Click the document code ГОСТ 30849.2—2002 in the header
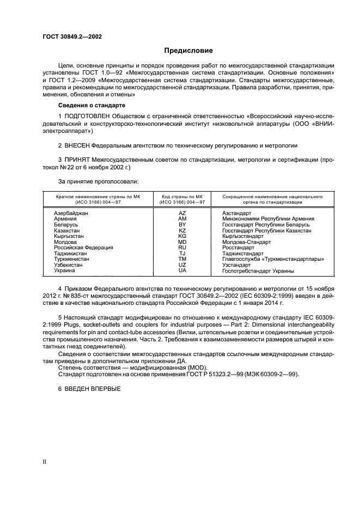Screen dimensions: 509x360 72,37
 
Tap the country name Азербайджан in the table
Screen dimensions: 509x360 71,213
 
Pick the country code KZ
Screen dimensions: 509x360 182,231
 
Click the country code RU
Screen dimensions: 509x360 182,248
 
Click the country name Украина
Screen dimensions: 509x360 65,271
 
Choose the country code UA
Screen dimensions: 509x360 182,271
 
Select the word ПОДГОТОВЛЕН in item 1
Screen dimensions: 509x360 90,116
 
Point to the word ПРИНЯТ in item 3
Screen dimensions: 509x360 77,159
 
